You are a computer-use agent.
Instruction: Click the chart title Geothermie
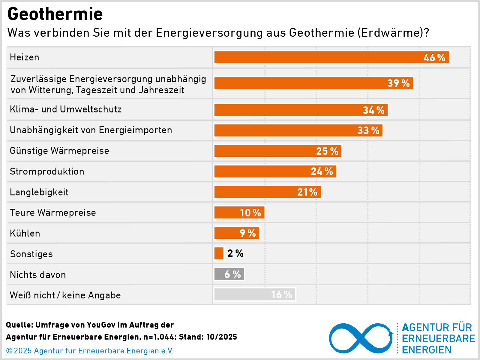55,14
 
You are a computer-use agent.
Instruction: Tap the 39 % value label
398,83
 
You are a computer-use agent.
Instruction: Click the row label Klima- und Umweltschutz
66,109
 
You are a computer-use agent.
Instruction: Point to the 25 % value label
327,151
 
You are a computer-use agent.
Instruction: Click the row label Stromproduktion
47,171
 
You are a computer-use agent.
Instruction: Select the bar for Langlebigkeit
267,192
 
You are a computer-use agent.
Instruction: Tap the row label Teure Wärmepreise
53,213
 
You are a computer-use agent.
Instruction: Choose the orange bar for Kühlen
237,233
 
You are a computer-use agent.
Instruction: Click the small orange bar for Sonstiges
219,253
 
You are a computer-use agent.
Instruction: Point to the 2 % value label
235,253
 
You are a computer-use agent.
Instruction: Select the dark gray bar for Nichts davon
229,274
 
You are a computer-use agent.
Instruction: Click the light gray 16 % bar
255,294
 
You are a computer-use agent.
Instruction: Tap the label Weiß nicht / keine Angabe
65,295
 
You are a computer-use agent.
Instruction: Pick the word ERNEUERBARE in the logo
438,339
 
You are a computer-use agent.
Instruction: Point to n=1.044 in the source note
159,337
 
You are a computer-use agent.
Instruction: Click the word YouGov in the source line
101,325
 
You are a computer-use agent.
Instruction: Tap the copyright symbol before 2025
9,351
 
